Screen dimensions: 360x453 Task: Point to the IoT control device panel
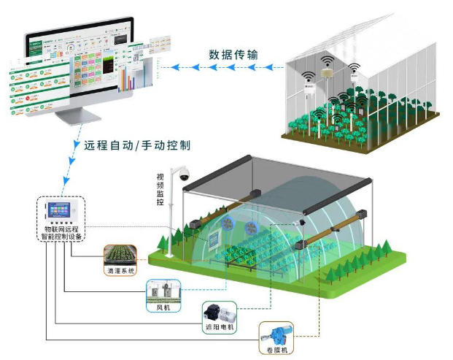61,212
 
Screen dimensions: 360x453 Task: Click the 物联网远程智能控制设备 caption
61,234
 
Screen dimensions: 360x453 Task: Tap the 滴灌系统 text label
120,270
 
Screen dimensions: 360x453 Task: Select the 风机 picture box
162,291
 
